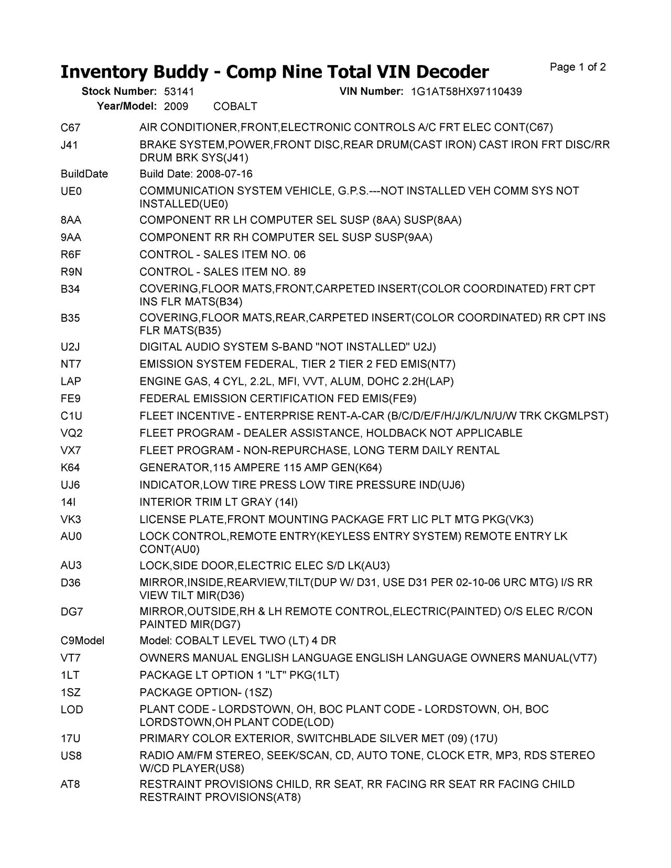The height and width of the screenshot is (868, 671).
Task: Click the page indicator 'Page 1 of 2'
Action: tap(578, 67)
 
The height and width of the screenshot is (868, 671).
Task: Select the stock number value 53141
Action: tap(179, 92)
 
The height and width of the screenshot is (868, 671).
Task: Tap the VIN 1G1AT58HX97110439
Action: tap(466, 92)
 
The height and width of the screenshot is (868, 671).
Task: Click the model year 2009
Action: tap(176, 106)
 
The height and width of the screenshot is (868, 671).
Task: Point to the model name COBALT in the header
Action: tap(235, 106)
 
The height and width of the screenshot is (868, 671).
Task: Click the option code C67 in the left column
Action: tap(70, 127)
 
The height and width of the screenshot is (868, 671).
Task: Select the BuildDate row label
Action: tap(84, 174)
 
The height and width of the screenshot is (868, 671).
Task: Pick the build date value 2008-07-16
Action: tap(224, 174)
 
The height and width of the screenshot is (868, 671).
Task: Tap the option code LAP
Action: tap(71, 382)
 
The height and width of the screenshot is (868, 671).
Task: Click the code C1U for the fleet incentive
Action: tap(71, 416)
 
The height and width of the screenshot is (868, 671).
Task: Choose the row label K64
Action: tap(70, 468)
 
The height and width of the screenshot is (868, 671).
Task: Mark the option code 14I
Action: tap(68, 502)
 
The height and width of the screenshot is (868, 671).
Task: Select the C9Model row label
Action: tap(82, 641)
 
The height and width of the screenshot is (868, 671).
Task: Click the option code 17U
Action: tap(70, 739)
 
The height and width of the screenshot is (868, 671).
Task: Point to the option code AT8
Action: tap(70, 784)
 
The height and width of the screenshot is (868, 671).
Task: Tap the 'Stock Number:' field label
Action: tap(119, 92)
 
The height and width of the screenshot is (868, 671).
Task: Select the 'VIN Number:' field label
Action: tap(371, 92)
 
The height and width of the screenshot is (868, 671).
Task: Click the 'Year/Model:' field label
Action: tap(127, 106)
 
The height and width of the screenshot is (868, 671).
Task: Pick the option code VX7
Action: tap(71, 450)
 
